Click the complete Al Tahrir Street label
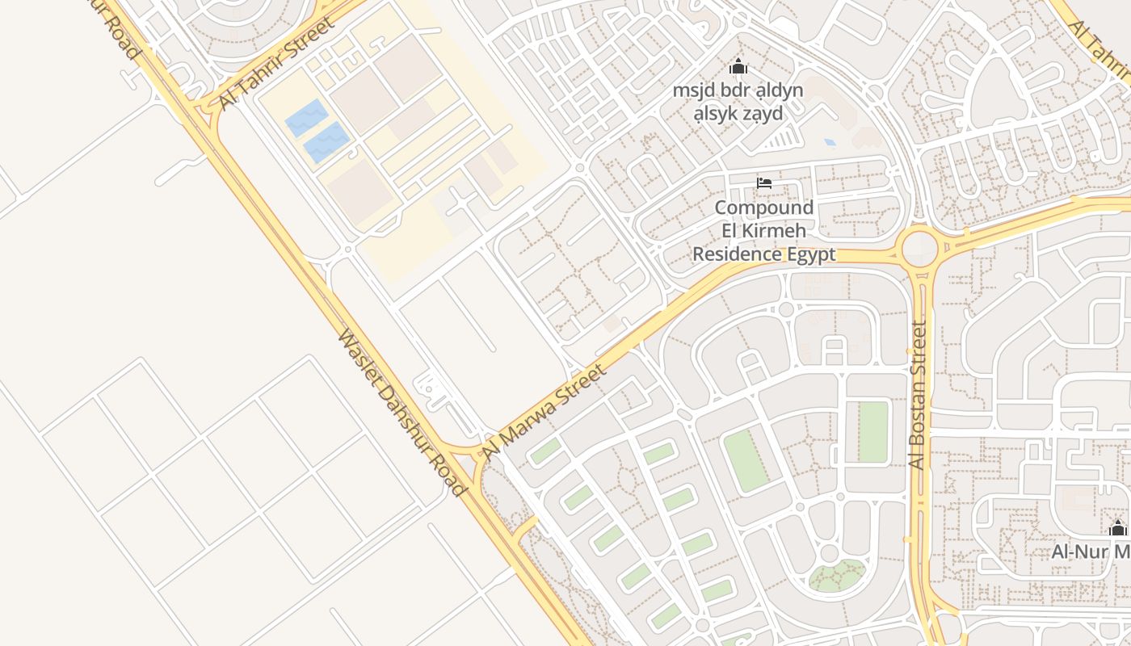[276, 62]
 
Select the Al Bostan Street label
[918, 395]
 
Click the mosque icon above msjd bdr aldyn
[738, 67]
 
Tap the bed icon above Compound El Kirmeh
[763, 182]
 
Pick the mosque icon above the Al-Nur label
[1118, 529]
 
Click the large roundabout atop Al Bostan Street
[919, 248]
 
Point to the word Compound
[763, 208]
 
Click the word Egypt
[810, 255]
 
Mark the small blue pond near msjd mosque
[830, 142]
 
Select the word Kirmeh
[763, 232]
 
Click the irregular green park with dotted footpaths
[838, 575]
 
